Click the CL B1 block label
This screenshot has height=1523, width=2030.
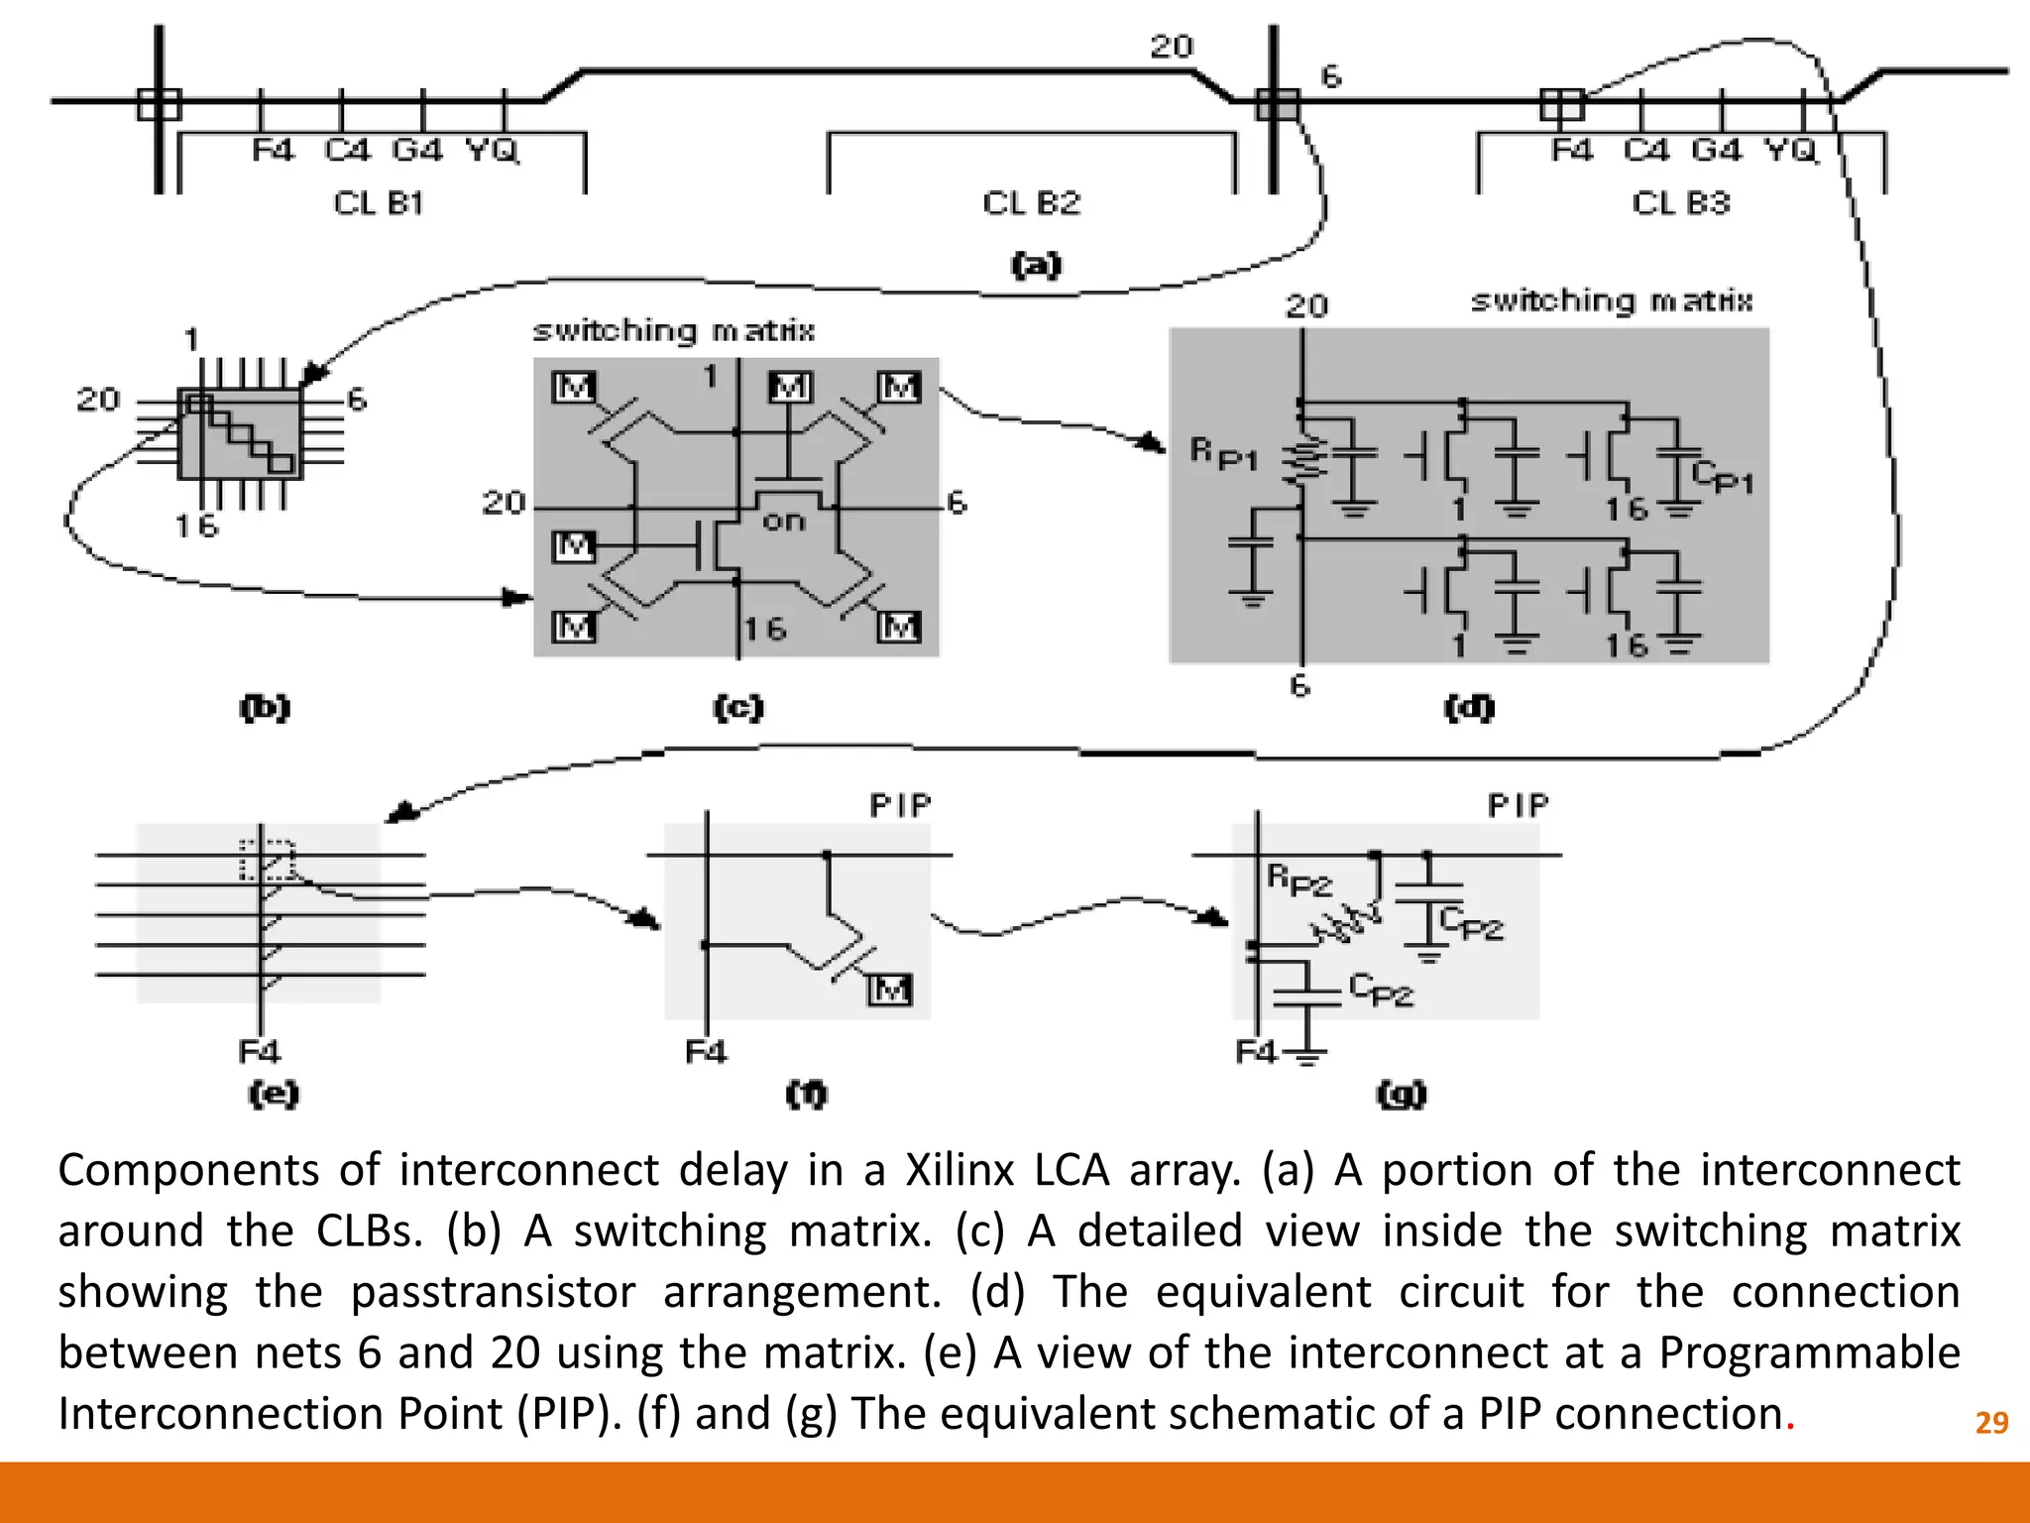click(x=379, y=203)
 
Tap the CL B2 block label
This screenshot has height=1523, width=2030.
click(x=1031, y=203)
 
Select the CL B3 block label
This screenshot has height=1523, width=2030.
click(x=1680, y=203)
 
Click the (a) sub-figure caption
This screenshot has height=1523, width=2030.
click(x=1036, y=265)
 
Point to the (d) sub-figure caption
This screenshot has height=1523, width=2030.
click(x=1469, y=707)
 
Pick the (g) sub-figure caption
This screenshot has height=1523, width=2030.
click(x=1402, y=1094)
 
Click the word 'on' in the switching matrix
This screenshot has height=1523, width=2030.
click(x=784, y=521)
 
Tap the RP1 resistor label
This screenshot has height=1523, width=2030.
click(x=1223, y=454)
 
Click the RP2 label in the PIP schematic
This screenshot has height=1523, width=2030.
click(x=1299, y=879)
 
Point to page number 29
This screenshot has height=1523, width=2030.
click(x=1991, y=1423)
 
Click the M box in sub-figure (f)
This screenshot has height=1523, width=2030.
click(x=890, y=989)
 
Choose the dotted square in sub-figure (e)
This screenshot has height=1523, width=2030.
click(x=268, y=860)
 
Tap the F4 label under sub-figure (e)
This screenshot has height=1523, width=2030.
click(x=260, y=1050)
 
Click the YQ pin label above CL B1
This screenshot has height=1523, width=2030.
click(x=493, y=151)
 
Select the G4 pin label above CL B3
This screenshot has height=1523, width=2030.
click(x=1716, y=151)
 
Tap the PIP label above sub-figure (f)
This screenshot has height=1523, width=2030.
click(x=901, y=806)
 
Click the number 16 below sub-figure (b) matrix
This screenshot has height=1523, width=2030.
click(x=196, y=526)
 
